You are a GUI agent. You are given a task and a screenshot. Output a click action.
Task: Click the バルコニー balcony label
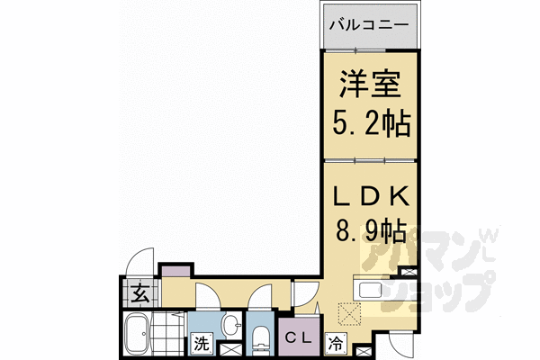tap(369, 25)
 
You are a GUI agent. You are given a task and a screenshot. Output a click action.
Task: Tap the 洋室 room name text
tap(370, 84)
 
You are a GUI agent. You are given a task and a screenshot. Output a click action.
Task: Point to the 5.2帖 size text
tap(372, 123)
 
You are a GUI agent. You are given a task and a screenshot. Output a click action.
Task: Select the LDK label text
tap(371, 196)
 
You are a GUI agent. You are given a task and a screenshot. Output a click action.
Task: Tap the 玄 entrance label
tap(141, 293)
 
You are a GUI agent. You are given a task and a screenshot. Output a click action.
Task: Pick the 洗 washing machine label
tap(202, 343)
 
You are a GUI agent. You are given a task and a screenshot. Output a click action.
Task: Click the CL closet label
tap(299, 338)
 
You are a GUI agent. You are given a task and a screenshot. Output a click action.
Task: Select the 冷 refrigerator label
tap(336, 343)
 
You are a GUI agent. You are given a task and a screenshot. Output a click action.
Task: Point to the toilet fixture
tap(261, 342)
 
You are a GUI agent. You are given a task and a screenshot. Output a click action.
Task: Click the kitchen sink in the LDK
tap(370, 290)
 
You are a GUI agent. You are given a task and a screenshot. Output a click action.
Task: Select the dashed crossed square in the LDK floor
tap(349, 313)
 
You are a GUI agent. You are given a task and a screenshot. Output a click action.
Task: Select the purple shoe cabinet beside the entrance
tap(175, 270)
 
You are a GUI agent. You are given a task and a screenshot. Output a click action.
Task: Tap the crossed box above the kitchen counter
tap(409, 272)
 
